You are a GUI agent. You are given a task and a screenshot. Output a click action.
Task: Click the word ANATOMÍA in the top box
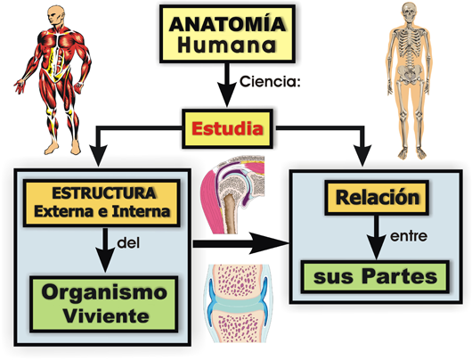(227, 24)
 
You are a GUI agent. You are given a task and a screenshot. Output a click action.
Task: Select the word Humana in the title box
(227, 45)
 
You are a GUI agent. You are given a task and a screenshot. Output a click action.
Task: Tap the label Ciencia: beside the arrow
(270, 81)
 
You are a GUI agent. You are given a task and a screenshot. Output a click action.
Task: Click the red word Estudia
(228, 128)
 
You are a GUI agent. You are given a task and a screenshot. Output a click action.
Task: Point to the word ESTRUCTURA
(104, 193)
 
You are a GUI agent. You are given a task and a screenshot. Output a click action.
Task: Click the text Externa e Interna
(102, 211)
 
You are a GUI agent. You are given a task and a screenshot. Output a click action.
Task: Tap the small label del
(128, 242)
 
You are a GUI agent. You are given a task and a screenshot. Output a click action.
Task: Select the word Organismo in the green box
(104, 292)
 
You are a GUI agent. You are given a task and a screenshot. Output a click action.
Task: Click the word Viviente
(106, 315)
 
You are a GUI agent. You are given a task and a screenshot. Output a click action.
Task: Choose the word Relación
(378, 197)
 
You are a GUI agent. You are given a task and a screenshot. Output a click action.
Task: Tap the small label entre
(409, 236)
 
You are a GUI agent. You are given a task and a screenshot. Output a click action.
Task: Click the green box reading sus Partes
(375, 276)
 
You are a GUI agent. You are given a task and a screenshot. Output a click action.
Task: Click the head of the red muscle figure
(56, 16)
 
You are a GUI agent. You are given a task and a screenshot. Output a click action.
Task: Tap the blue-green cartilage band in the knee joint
(238, 304)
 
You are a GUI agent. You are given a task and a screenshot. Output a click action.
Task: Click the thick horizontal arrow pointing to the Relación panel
(240, 243)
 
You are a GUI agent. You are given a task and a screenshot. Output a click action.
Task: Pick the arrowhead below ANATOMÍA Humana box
(226, 95)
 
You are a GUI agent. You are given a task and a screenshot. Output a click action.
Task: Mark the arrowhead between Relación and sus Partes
(377, 248)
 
